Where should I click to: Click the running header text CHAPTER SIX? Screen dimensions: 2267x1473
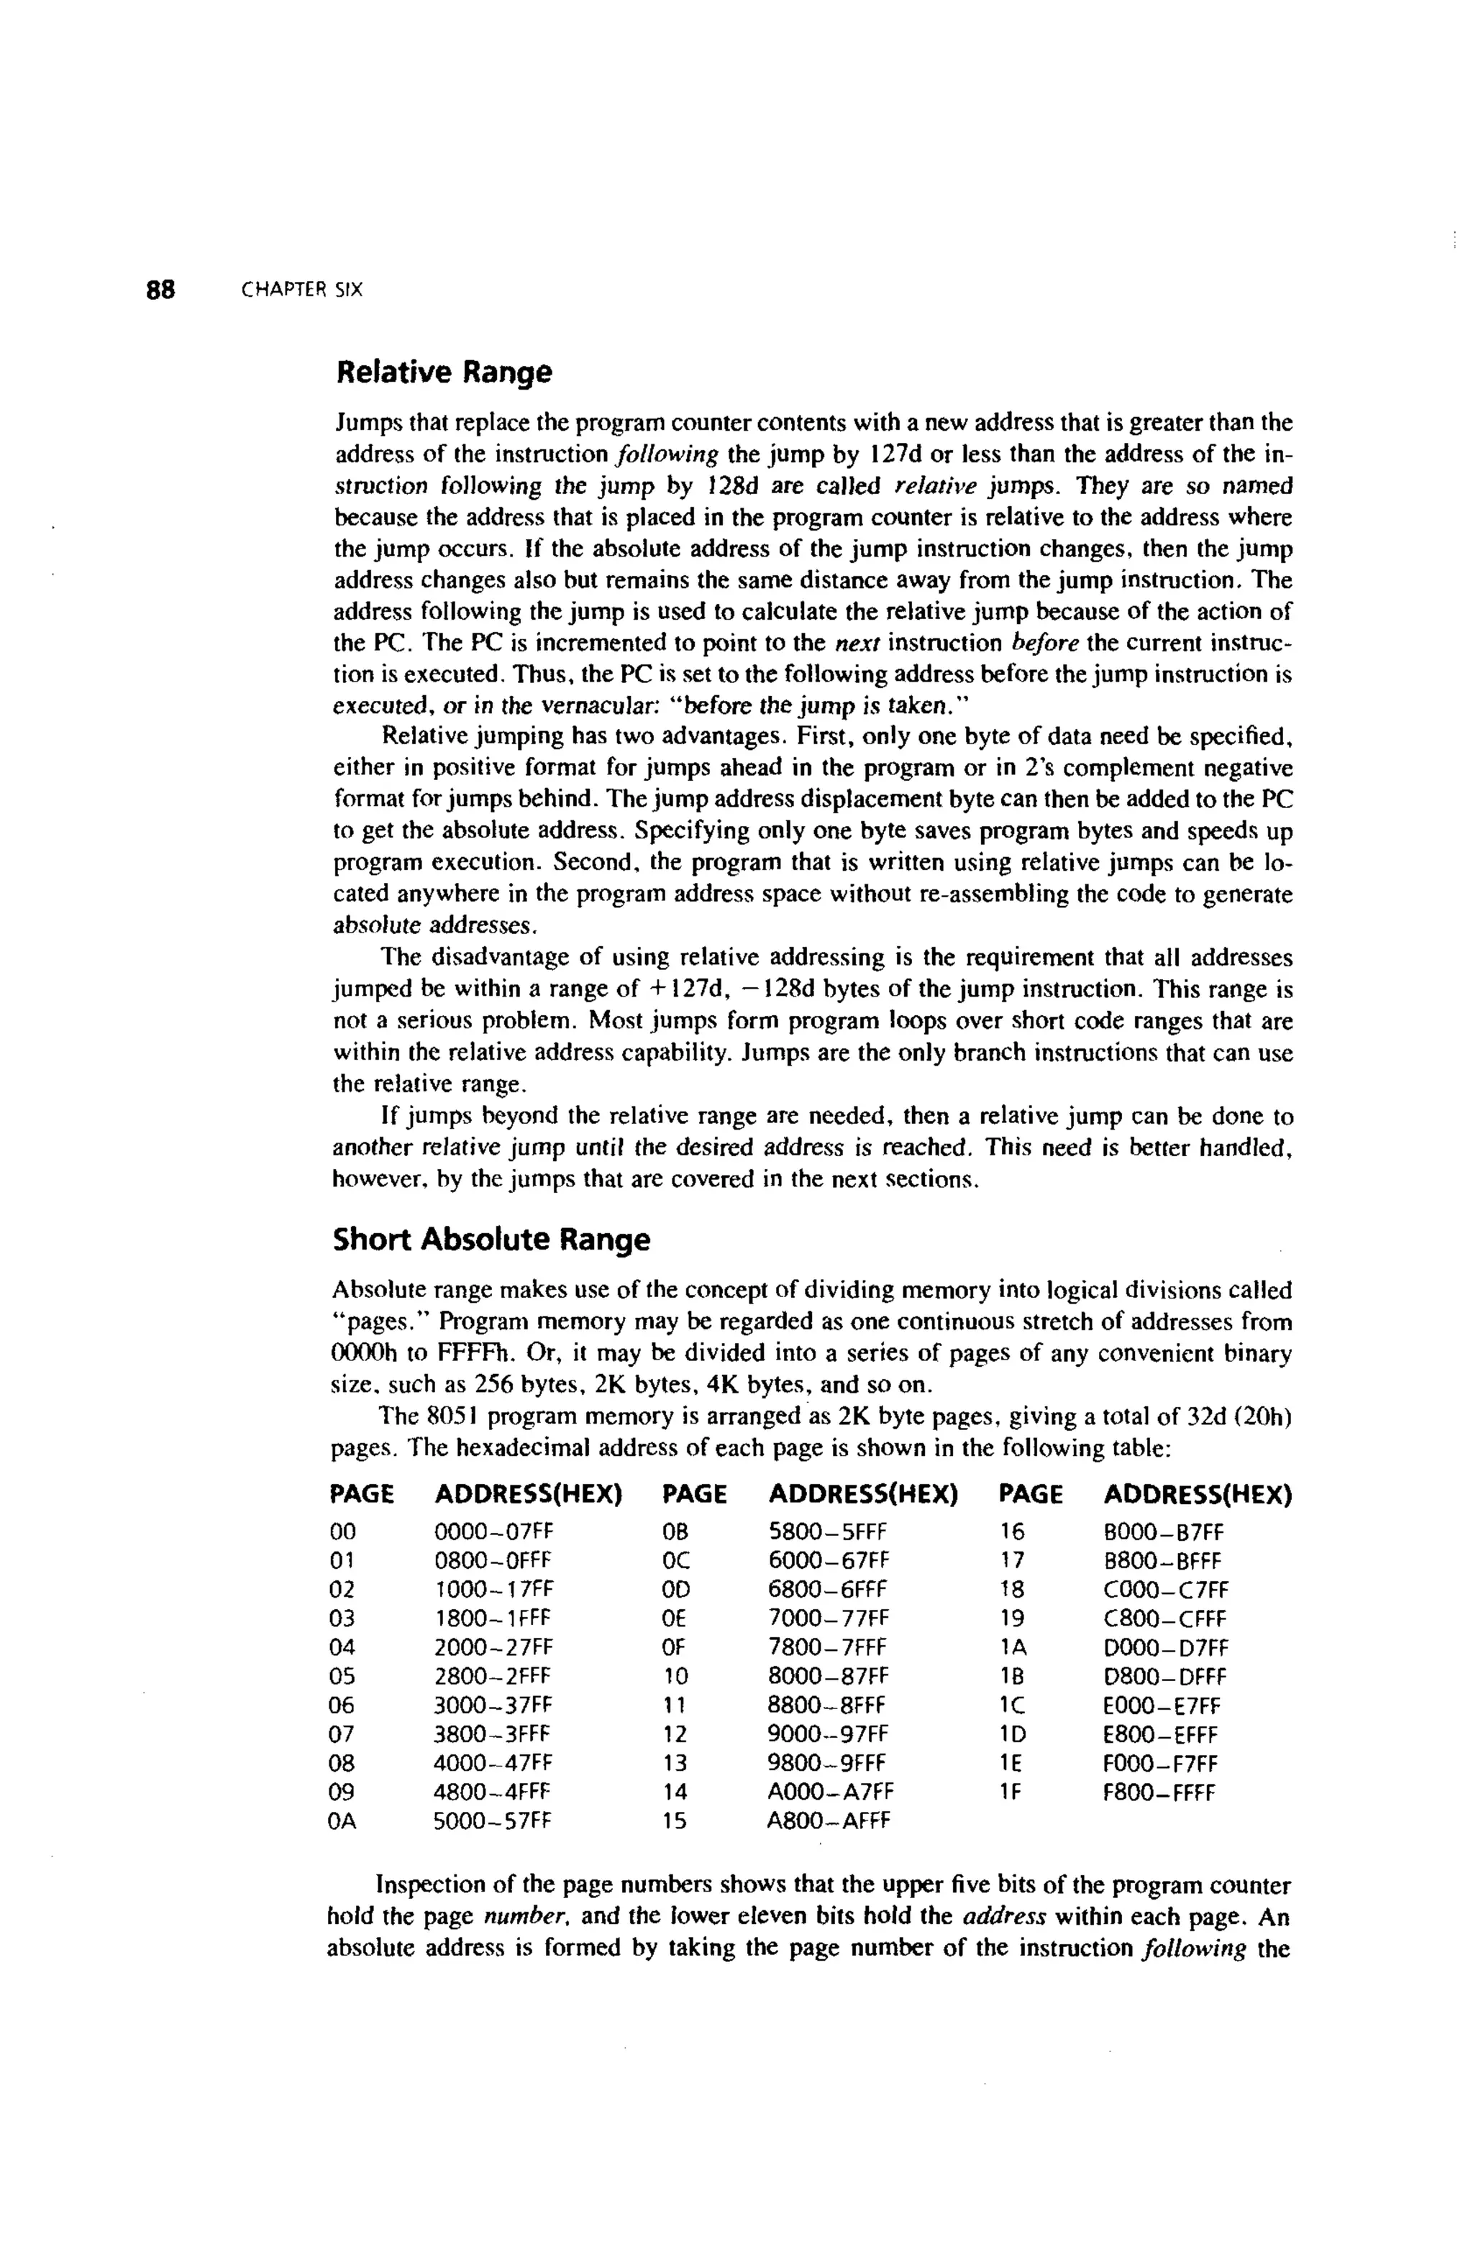(302, 290)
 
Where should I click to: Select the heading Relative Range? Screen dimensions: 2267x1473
(444, 372)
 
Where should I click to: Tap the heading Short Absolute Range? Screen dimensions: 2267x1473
(492, 1240)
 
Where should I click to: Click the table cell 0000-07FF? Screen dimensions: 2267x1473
(493, 1533)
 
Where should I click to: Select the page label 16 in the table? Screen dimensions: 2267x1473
(1012, 1533)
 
